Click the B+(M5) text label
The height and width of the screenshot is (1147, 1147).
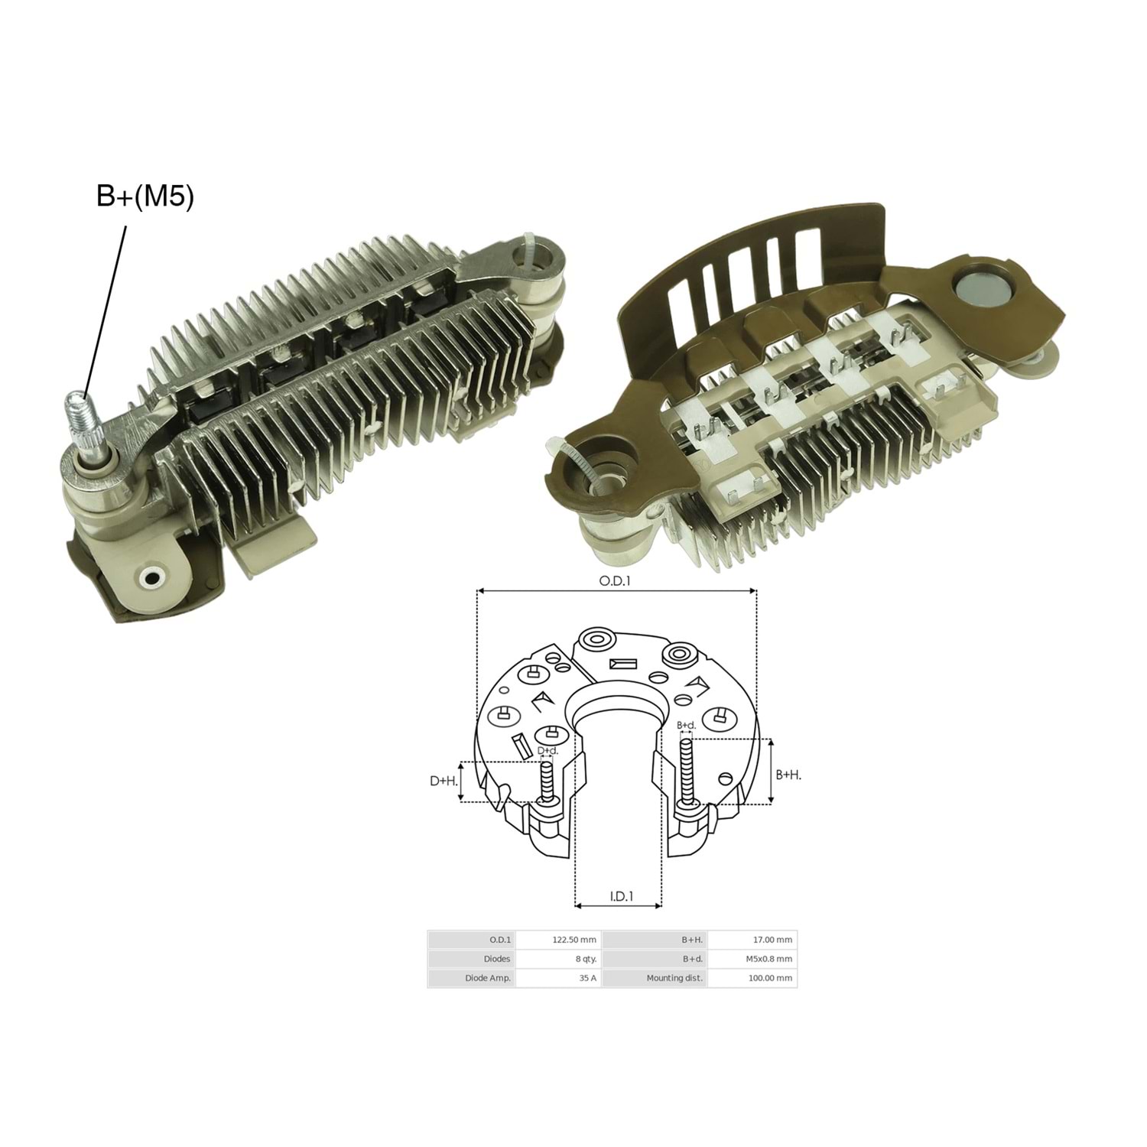click(x=145, y=197)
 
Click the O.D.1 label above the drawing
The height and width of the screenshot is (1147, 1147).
click(x=615, y=581)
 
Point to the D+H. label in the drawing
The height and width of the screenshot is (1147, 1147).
click(x=444, y=781)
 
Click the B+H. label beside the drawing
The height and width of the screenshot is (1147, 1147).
click(x=788, y=775)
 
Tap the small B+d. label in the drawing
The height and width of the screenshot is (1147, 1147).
click(x=687, y=725)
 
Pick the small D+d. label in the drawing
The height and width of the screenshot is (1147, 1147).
click(x=548, y=751)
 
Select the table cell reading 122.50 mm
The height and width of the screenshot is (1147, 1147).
click(x=574, y=940)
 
